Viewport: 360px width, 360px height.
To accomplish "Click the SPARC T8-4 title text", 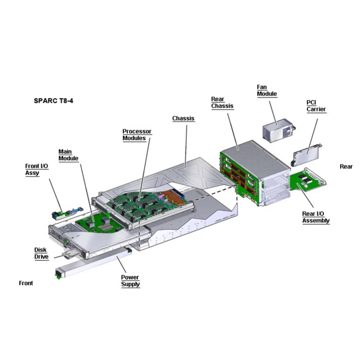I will pos(54,102).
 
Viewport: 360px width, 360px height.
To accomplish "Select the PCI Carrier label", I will pos(316,105).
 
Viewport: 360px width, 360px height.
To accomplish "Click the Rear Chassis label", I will pos(222,102).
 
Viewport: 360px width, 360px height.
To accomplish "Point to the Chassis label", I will pos(183,119).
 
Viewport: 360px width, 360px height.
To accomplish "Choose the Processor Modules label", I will pos(137,135).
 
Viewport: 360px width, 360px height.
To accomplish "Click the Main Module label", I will pos(69,155).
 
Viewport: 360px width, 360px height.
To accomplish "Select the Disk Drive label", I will pos(42,253).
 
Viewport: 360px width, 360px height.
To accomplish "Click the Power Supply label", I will pos(131,281).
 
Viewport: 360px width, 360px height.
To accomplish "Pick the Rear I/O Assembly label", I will pos(316,217).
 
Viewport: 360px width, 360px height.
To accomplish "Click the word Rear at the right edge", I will pos(346,166).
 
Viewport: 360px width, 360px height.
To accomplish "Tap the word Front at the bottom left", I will pos(26,283).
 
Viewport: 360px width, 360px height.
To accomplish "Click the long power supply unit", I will pos(94,264).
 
